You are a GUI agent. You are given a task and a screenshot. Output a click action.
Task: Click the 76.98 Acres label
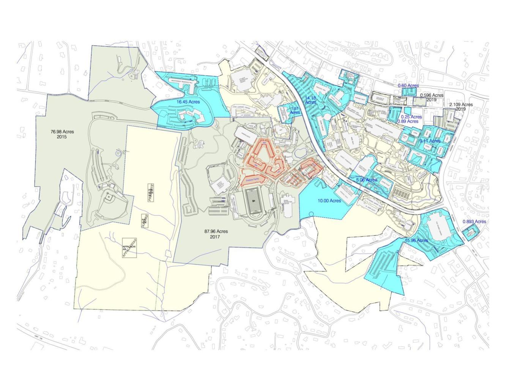[62, 132]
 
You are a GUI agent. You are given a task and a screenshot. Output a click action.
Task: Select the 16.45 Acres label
[188, 102]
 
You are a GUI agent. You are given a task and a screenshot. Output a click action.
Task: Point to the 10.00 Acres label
[329, 200]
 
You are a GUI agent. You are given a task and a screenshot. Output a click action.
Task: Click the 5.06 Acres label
[366, 180]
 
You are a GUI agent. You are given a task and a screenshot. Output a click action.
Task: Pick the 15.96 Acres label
[416, 240]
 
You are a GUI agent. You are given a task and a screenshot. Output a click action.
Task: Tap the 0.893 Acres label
[474, 222]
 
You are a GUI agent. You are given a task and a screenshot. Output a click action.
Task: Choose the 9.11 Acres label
[430, 141]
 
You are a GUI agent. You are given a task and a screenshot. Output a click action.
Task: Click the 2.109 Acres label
[461, 104]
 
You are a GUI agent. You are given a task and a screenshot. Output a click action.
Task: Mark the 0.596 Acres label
[432, 95]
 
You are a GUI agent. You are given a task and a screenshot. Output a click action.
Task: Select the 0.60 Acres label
[408, 86]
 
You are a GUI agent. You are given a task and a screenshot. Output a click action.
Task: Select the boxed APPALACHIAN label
[129, 248]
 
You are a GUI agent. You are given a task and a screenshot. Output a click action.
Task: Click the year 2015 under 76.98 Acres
[61, 137]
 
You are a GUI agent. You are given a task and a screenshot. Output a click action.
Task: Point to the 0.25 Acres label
[411, 117]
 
